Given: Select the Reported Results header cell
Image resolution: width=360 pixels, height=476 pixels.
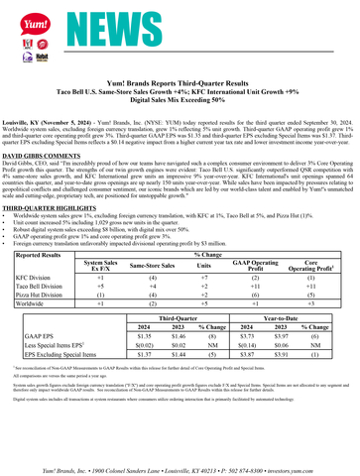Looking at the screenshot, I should (45, 254).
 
